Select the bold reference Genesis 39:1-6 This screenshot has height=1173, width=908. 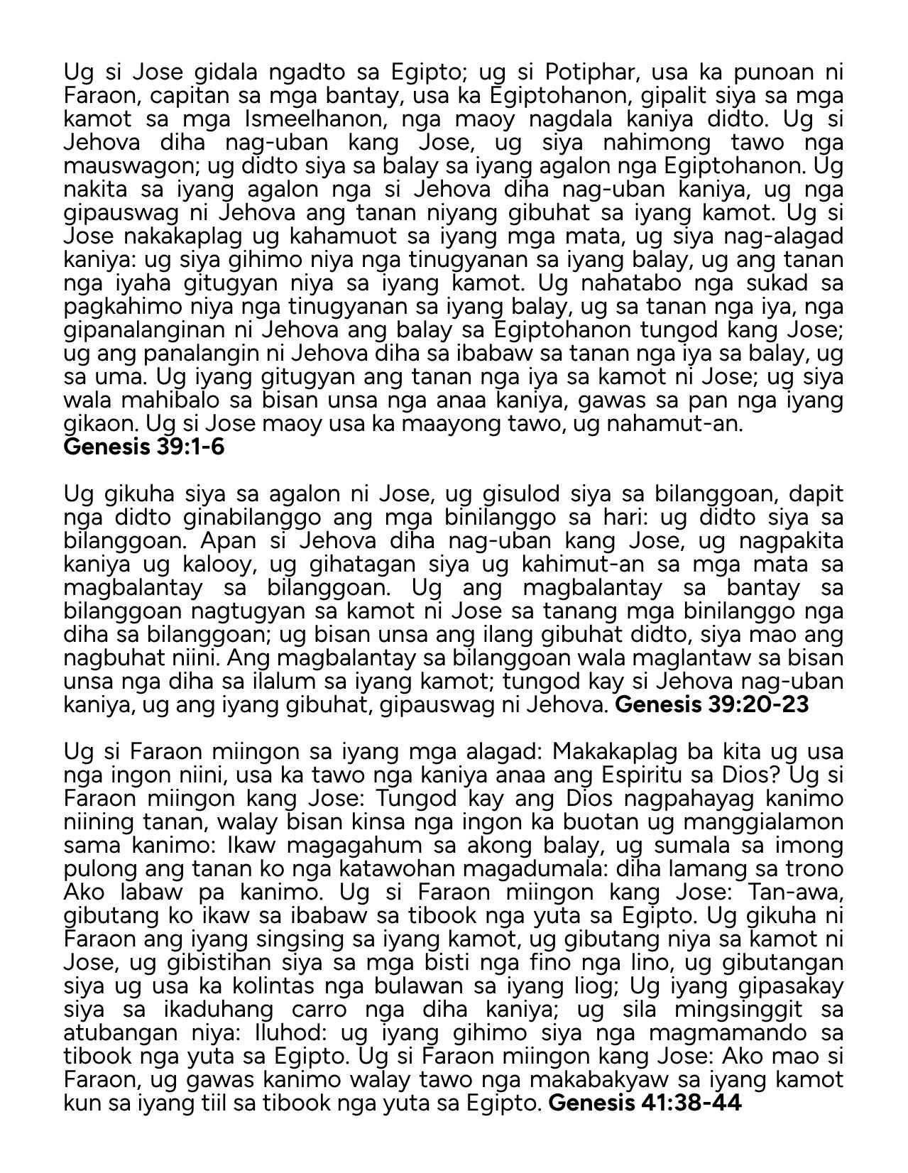[144, 447]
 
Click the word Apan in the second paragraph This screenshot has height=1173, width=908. [224, 541]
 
